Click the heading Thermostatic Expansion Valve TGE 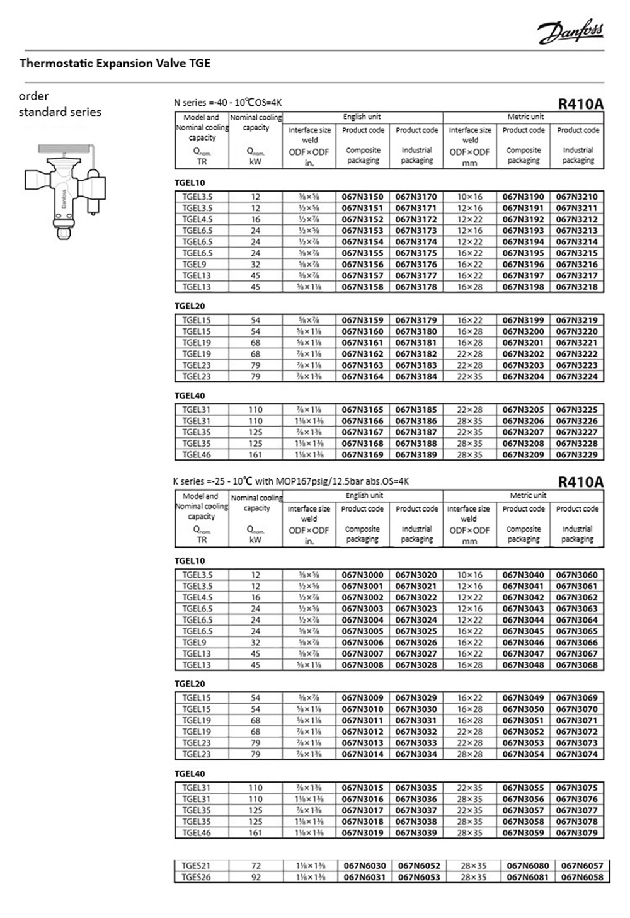tap(115, 63)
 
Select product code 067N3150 tap(362, 197)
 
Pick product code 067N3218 tap(577, 287)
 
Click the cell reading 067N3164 tap(362, 377)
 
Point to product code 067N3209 tap(523, 455)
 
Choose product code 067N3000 tap(362, 575)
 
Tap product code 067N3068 tap(577, 665)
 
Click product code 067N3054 tap(523, 754)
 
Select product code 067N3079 tap(577, 833)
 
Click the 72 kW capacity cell tap(255, 866)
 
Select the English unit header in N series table tap(362, 117)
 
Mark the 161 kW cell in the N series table tap(255, 455)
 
